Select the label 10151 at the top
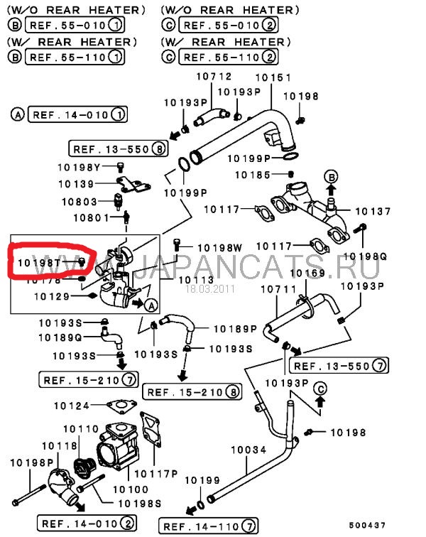coord(272,77)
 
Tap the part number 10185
coord(253,174)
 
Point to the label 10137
coord(373,211)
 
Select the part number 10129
coord(52,295)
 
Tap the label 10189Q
coord(60,337)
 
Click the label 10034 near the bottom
coord(248,450)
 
